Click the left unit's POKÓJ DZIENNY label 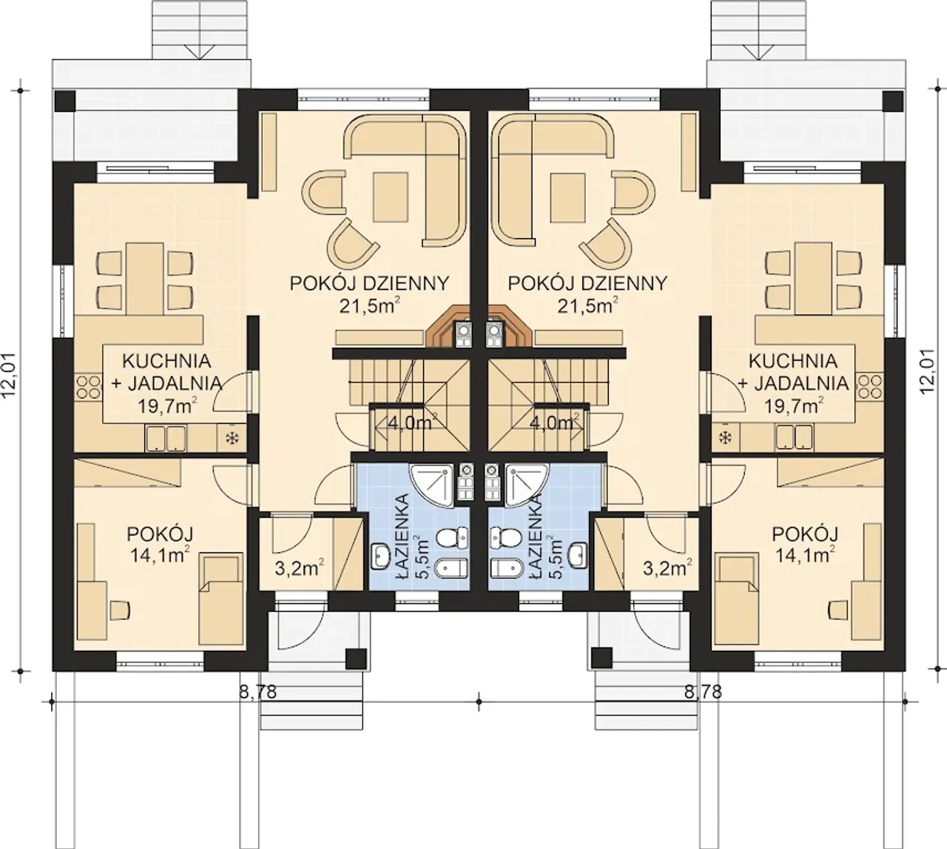(x=369, y=284)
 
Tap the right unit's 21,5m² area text (x=587, y=305)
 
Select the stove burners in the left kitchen (x=88, y=388)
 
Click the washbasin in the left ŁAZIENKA (x=381, y=556)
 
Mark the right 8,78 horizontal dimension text (x=703, y=691)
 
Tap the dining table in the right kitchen (x=813, y=279)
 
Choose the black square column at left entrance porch (x=356, y=658)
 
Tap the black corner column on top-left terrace (x=65, y=101)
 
